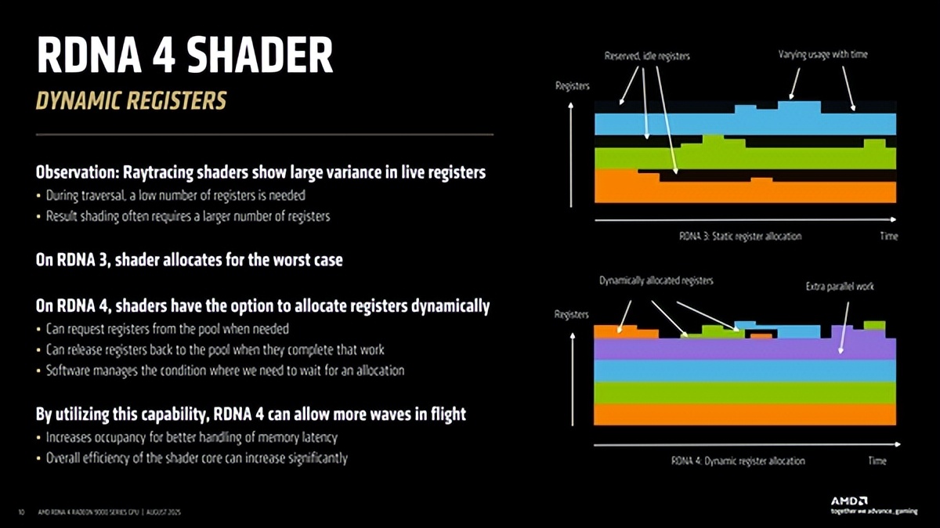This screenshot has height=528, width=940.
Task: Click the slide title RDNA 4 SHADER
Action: [185, 57]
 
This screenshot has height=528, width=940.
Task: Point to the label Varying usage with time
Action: [822, 55]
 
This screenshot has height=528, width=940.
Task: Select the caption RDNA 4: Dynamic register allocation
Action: [738, 461]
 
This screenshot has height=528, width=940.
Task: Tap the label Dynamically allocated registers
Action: [656, 280]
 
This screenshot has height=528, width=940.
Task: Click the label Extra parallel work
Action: [840, 287]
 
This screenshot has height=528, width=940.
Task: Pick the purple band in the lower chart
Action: [744, 349]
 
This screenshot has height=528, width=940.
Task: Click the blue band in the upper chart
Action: [744, 124]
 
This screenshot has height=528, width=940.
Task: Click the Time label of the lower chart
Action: [877, 461]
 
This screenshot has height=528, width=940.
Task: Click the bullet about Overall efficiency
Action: [197, 457]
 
